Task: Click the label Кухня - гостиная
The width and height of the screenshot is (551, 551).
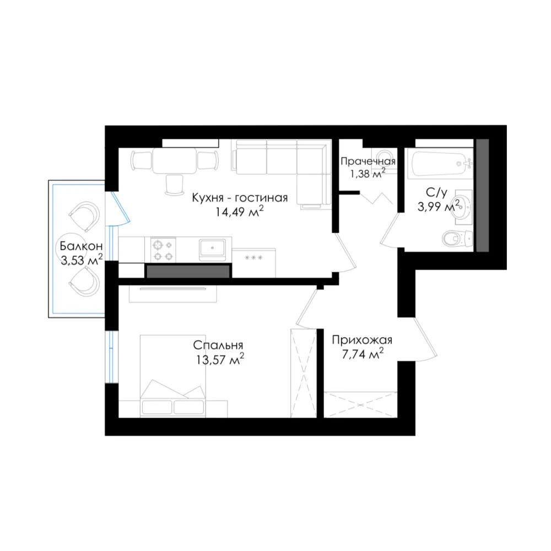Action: [240, 198]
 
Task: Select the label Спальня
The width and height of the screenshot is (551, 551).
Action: [218, 345]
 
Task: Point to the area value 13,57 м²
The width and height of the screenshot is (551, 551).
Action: [220, 360]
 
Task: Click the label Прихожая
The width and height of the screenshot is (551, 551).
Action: [362, 340]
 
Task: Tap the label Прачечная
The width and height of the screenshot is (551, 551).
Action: [368, 161]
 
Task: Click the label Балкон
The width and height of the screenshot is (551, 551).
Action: [81, 246]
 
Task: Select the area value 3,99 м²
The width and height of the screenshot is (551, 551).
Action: [438, 206]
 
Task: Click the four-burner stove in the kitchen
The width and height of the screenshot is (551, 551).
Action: [164, 250]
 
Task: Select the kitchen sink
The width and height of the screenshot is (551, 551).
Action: [213, 250]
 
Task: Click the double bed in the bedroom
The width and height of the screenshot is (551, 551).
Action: [172, 376]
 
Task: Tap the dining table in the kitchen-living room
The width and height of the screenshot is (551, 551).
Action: [175, 160]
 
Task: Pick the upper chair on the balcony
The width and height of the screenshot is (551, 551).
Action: [85, 214]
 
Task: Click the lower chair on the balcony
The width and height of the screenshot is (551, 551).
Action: [85, 280]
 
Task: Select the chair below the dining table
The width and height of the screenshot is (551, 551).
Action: [175, 185]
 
